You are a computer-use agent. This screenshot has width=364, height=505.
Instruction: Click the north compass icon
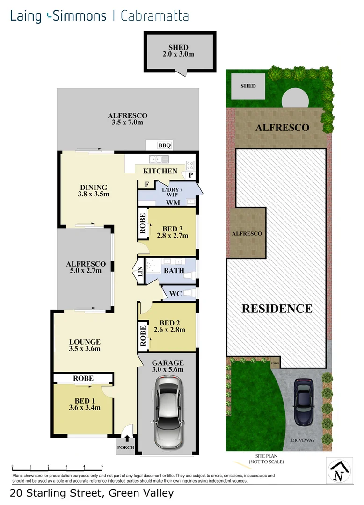click(x=339, y=471)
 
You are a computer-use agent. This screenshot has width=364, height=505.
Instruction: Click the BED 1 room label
click(x=84, y=401)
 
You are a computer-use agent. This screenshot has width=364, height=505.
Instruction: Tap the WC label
click(x=176, y=294)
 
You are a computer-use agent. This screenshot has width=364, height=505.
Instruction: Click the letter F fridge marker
click(x=146, y=184)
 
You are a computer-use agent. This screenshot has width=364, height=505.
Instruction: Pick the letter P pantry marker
click(x=191, y=175)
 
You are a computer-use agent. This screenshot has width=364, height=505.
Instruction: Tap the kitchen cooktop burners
click(x=190, y=164)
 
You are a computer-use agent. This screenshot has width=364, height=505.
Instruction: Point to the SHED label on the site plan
click(x=248, y=86)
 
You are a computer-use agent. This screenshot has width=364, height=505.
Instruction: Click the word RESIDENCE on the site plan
click(x=277, y=309)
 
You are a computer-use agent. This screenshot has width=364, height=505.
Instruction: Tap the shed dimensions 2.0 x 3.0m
click(x=178, y=54)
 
